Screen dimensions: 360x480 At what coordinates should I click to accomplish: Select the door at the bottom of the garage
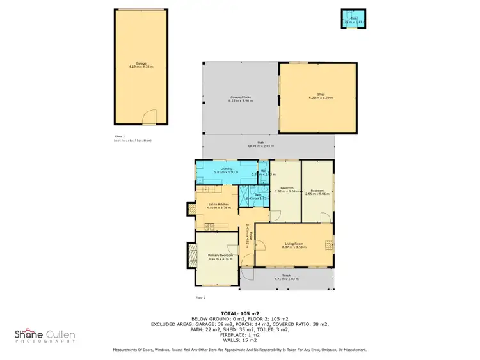pyautogui.click(x=149, y=118)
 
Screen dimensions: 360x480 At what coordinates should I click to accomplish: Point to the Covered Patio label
pyautogui.click(x=240, y=98)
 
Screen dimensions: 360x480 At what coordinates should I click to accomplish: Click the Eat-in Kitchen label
pyautogui.click(x=219, y=205)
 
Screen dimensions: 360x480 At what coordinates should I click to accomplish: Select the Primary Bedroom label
pyautogui.click(x=219, y=256)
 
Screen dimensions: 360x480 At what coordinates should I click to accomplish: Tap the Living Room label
pyautogui.click(x=293, y=244)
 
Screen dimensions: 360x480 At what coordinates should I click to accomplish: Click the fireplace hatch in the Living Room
pyautogui.click(x=328, y=244)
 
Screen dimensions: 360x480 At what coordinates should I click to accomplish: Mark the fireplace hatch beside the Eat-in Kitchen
pyautogui.click(x=191, y=209)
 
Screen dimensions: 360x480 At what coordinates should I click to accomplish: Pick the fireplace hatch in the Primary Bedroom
pyautogui.click(x=191, y=256)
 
